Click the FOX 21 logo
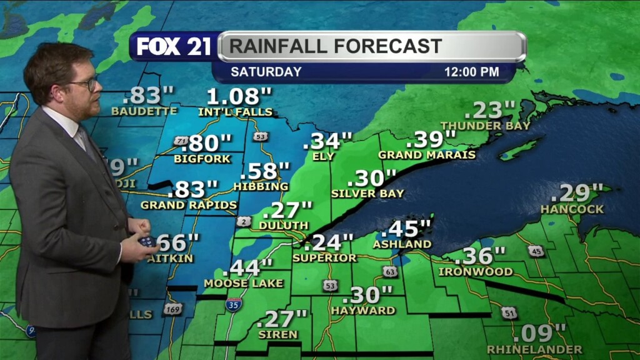[174, 46]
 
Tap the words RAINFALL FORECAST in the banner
[336, 46]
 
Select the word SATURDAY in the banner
[266, 72]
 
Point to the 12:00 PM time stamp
[471, 72]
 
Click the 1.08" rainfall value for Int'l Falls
[241, 97]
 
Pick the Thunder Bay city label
[485, 126]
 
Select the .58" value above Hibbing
[265, 171]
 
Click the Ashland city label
[402, 244]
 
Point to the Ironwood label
[476, 272]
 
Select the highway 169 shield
[172, 309]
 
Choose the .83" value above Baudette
[148, 97]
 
